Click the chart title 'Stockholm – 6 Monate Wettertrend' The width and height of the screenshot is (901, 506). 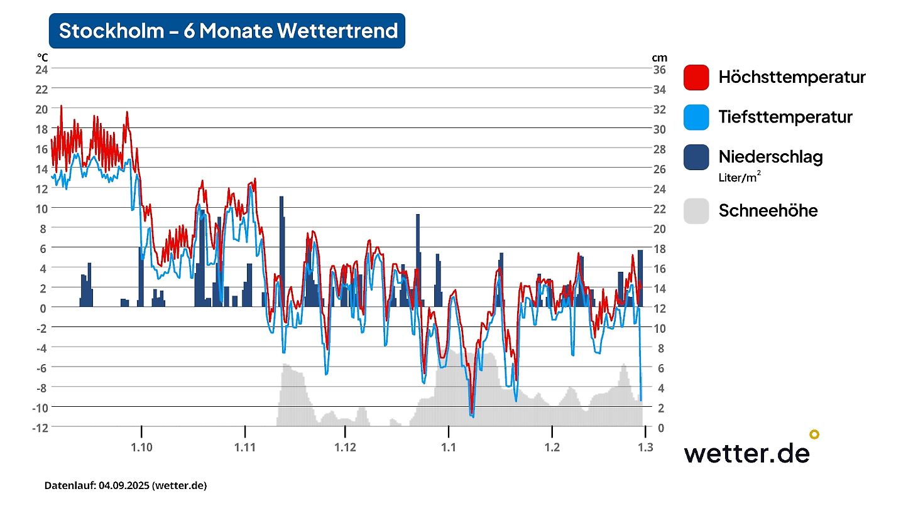[x=227, y=31]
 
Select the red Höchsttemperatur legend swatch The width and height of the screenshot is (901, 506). [x=696, y=77]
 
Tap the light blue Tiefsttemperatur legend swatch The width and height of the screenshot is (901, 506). [x=696, y=117]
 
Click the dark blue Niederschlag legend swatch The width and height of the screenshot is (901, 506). [x=696, y=157]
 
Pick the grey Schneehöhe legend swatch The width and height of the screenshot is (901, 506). [x=696, y=210]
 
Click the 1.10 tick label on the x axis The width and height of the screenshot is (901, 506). [x=142, y=447]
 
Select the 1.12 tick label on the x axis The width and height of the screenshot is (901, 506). [x=345, y=447]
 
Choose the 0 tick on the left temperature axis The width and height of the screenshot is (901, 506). [x=43, y=308]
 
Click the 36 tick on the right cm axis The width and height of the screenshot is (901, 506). [x=660, y=69]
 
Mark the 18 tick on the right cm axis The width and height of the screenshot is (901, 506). [x=660, y=249]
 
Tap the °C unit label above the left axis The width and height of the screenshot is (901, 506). [x=42, y=58]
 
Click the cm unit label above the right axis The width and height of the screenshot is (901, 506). [x=658, y=58]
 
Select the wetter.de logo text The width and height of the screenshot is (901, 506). [x=746, y=453]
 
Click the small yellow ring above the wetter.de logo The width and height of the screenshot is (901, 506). [x=814, y=434]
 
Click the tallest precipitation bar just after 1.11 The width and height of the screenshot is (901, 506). [x=281, y=251]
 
